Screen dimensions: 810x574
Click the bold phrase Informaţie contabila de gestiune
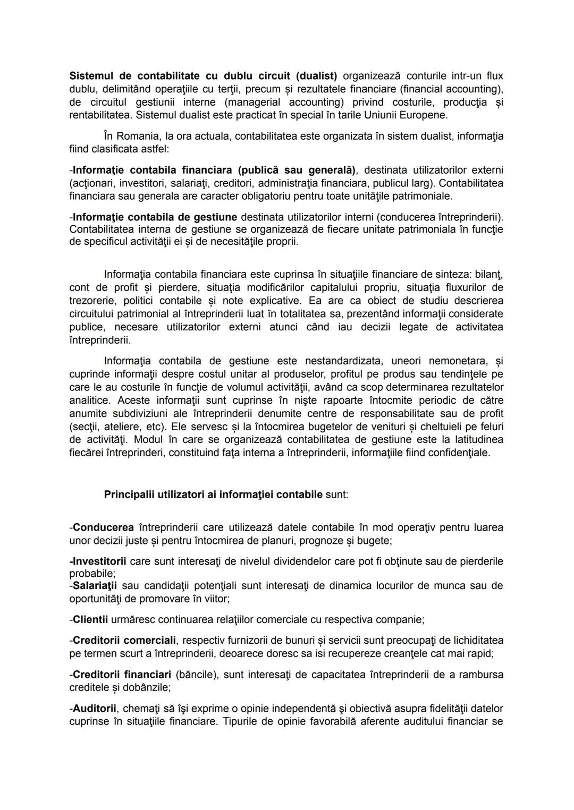[x=155, y=217]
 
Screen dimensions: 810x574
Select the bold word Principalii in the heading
[x=129, y=494]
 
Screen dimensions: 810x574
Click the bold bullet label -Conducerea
[x=102, y=528]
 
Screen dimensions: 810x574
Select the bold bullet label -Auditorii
[x=93, y=709]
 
